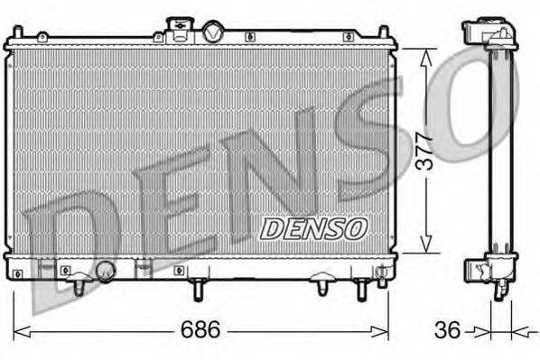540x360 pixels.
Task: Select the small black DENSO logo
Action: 312,228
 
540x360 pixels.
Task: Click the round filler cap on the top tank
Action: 214,32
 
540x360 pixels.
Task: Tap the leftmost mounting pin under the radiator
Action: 79,285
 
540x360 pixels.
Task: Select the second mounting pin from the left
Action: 197,289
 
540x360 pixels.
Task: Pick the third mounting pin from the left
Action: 322,288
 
